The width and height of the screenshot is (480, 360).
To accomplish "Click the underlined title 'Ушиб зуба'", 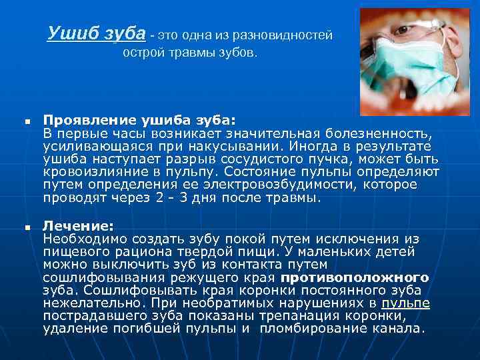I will pyautogui.click(x=97, y=33).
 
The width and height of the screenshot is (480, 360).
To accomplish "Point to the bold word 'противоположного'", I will pyautogui.click(x=355, y=277).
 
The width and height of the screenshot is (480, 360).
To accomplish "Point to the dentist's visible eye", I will pyautogui.click(x=402, y=31).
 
